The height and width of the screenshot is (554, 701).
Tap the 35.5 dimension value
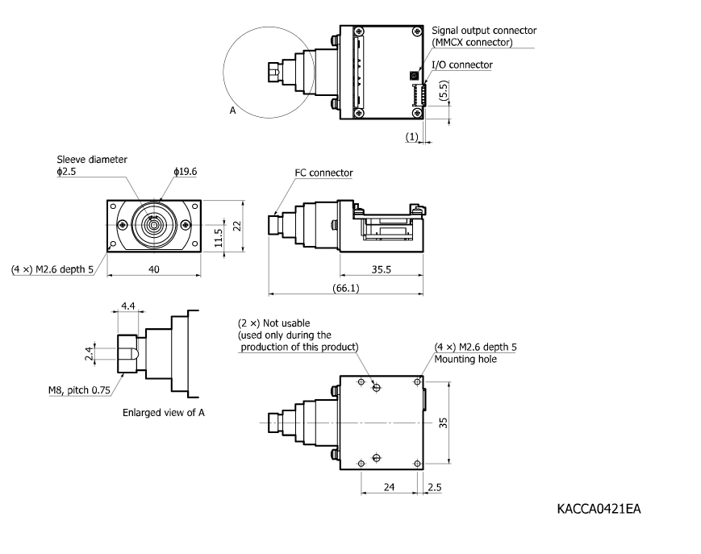pyautogui.click(x=382, y=270)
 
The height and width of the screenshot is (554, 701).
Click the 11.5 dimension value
pyautogui.click(x=218, y=240)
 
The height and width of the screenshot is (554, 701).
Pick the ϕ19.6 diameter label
pyautogui.click(x=185, y=171)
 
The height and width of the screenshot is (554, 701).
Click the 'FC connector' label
pyautogui.click(x=323, y=173)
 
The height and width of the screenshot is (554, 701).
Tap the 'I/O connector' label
pyautogui.click(x=461, y=65)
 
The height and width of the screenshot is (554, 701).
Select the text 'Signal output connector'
pyautogui.click(x=484, y=31)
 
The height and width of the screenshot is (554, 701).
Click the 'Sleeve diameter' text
pyautogui.click(x=91, y=160)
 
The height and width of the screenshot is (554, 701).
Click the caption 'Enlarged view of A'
pyautogui.click(x=165, y=413)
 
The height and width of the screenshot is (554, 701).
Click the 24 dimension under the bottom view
pyautogui.click(x=389, y=488)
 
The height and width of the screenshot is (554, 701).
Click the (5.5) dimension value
pyautogui.click(x=444, y=94)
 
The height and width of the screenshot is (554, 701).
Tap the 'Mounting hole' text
pyautogui.click(x=465, y=360)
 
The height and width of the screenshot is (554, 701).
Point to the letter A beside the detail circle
pyautogui.click(x=232, y=111)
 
